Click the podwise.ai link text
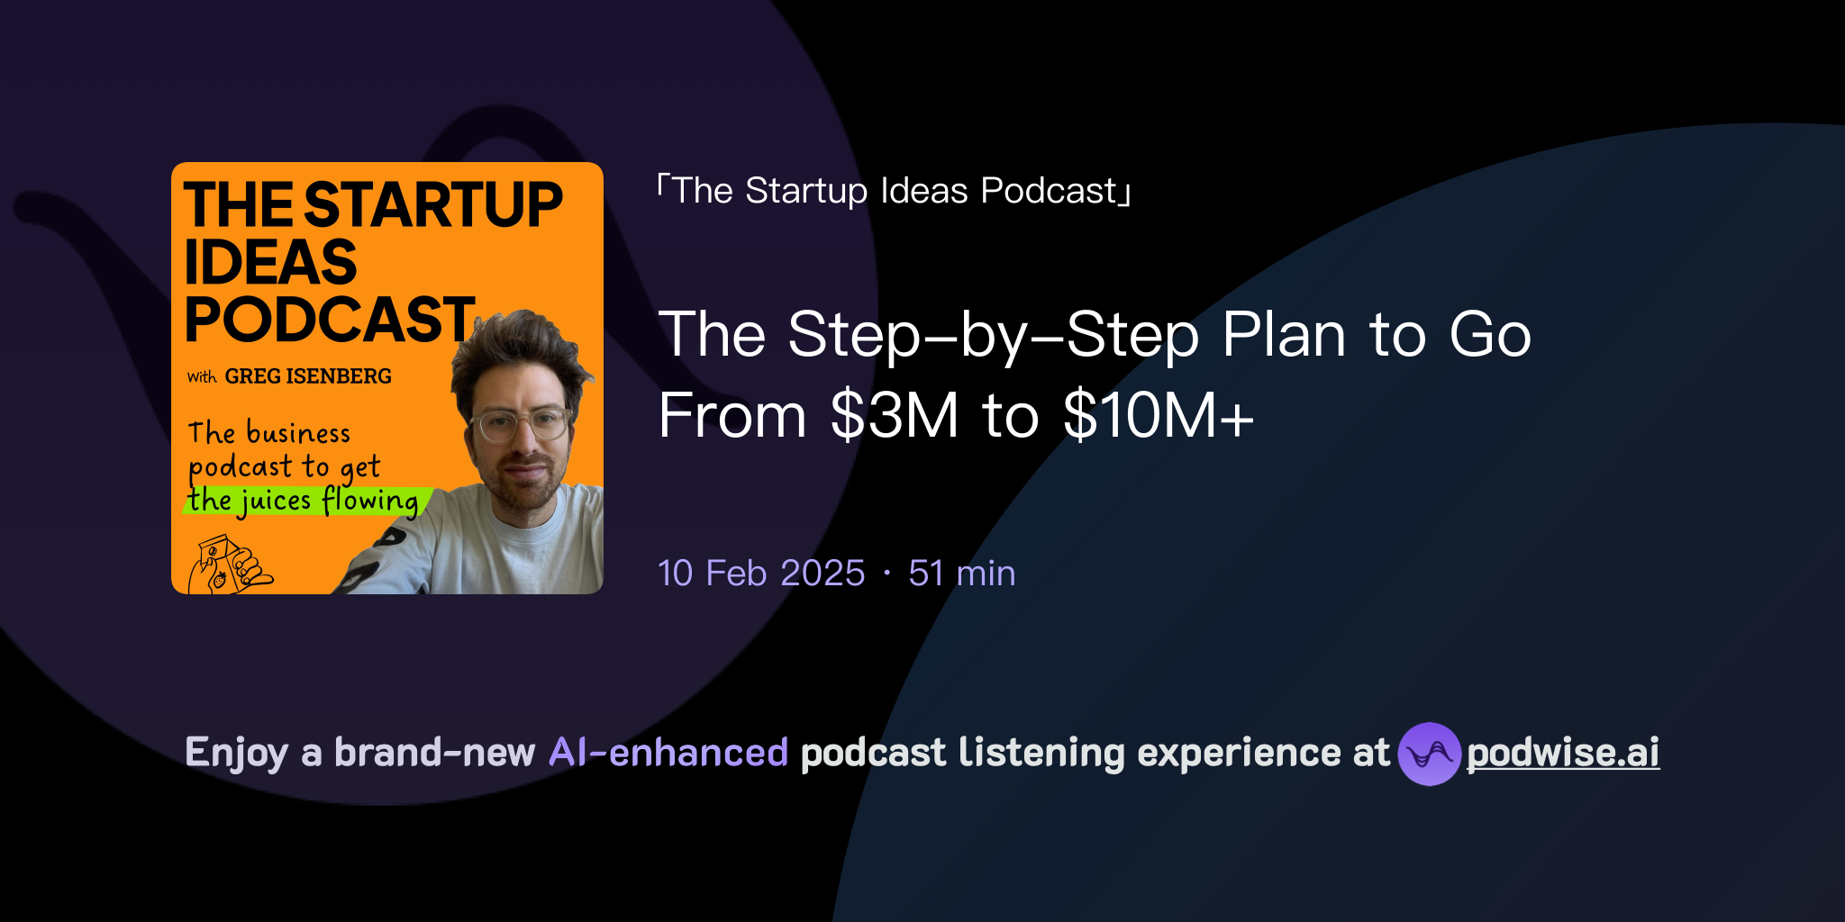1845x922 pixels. (x=1563, y=753)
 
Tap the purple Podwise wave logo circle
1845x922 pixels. (x=1429, y=754)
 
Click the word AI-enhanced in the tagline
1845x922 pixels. (x=668, y=753)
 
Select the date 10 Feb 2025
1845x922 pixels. (x=761, y=574)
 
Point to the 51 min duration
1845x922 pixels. (x=962, y=574)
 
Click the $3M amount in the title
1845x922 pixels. (x=895, y=416)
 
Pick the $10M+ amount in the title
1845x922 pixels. (x=1159, y=416)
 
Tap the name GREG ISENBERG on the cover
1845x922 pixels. (x=308, y=376)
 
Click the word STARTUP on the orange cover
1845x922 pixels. (x=433, y=205)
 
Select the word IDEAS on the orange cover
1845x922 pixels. (x=270, y=263)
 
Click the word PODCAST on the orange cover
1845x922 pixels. (x=330, y=320)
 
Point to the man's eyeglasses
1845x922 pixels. (x=521, y=423)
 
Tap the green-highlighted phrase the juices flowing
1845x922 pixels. (x=304, y=501)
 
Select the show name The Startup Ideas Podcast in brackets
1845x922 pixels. (x=894, y=191)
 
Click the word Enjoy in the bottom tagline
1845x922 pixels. (x=236, y=753)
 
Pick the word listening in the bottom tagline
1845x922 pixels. (x=1041, y=753)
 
